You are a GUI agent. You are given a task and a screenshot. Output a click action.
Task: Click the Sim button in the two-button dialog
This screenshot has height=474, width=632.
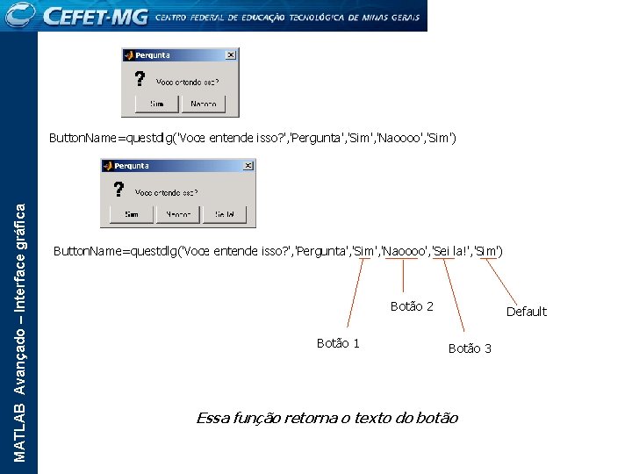click(157, 104)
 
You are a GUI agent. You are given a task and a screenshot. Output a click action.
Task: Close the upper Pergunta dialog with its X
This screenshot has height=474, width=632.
click(231, 54)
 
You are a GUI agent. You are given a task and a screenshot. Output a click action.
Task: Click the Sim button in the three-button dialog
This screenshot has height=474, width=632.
click(132, 214)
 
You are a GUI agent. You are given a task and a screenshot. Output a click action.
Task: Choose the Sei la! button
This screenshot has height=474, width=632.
click(225, 214)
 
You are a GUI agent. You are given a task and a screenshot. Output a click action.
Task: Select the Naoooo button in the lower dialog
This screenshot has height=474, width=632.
click(178, 214)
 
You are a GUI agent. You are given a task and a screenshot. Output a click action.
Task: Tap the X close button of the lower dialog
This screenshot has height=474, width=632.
click(249, 165)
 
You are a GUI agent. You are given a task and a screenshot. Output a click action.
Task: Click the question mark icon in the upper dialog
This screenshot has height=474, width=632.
click(140, 79)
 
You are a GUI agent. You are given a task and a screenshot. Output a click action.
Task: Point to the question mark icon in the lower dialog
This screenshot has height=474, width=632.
click(119, 190)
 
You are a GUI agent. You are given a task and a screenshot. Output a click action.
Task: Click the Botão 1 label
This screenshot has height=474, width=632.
click(338, 343)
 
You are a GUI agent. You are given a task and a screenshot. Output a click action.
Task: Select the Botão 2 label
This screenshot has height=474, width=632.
click(412, 306)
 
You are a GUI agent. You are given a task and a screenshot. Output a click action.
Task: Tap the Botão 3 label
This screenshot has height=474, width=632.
click(470, 348)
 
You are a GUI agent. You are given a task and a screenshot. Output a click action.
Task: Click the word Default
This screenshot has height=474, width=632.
click(526, 312)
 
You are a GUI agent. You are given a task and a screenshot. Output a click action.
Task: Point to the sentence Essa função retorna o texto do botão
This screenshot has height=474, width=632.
click(327, 418)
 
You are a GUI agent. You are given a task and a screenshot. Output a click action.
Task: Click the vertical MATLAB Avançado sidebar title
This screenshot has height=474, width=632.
click(20, 329)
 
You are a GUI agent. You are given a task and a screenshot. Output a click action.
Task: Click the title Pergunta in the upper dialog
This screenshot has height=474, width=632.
click(153, 54)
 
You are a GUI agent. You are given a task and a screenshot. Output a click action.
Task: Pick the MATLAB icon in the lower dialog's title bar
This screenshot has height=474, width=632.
click(107, 165)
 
